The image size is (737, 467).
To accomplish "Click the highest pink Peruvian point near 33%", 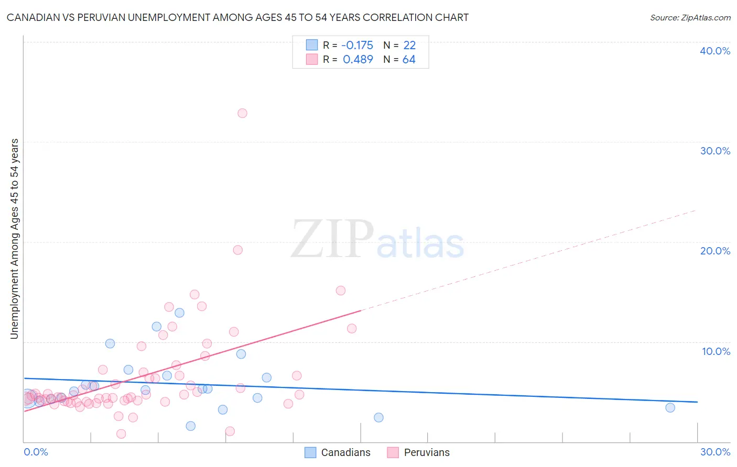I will [x=242, y=113].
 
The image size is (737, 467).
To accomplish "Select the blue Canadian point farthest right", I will [x=670, y=408].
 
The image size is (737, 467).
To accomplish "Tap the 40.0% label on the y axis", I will [x=715, y=51].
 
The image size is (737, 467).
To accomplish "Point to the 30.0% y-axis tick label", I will [x=715, y=151].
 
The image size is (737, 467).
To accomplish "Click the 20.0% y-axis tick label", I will [x=715, y=251].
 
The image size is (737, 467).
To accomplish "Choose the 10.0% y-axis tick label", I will [x=716, y=351].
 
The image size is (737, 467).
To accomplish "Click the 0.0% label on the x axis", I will [x=36, y=452].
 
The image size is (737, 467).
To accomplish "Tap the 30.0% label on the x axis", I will [x=715, y=452].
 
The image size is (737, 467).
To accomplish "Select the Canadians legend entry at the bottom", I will [x=338, y=452].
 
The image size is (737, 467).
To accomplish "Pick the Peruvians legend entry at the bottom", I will [x=418, y=452].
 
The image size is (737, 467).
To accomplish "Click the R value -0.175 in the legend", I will [x=357, y=46].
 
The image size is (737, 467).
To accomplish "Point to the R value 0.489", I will [x=358, y=60].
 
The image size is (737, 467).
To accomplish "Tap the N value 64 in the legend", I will [x=409, y=60].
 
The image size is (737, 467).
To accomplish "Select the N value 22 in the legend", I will [x=409, y=46].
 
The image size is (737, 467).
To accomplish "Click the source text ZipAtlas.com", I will [x=690, y=18].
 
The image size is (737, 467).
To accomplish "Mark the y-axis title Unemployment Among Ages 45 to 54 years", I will [x=14, y=239].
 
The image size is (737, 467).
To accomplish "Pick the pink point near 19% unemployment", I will [x=237, y=250].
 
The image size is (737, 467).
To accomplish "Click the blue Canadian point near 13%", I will [x=179, y=313].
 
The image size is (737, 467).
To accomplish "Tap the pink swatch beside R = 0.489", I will [x=312, y=59].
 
